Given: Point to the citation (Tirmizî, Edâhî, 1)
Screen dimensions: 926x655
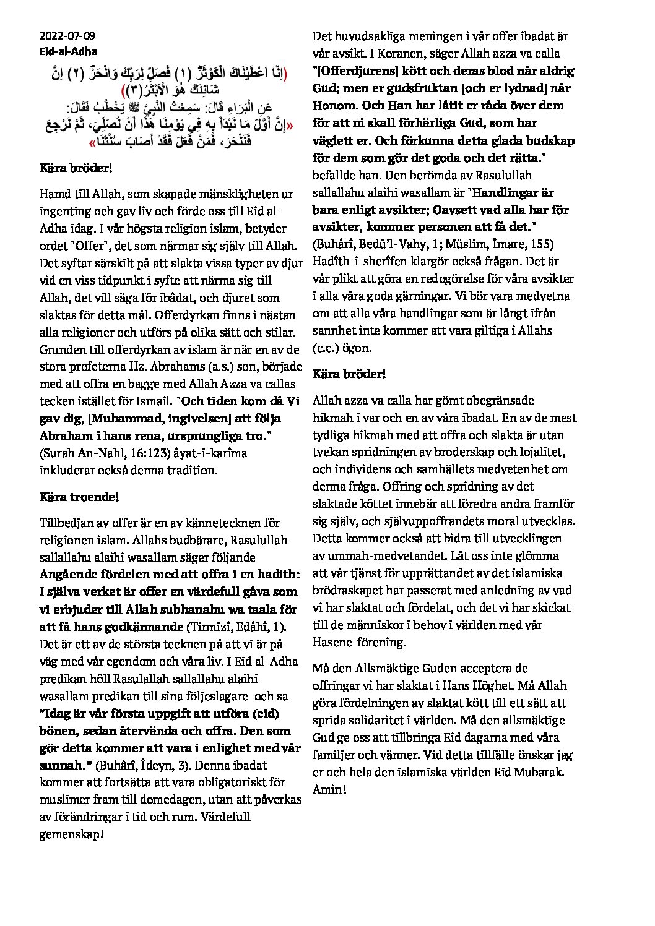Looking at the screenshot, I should pos(236,627).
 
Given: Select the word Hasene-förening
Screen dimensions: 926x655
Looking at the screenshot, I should pos(360,642).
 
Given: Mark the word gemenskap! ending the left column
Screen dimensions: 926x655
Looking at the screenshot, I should pos(72,834).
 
